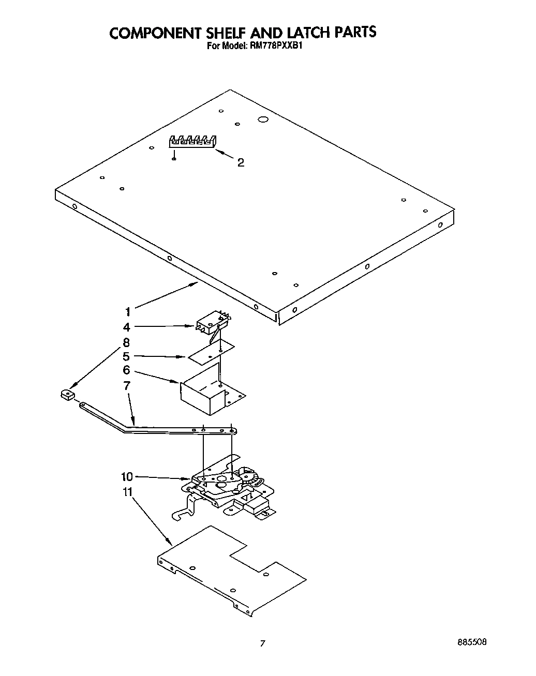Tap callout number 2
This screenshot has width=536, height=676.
[241, 162]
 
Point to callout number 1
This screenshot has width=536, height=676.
[127, 311]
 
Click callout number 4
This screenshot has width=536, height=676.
[127, 327]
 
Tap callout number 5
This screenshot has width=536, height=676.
[126, 356]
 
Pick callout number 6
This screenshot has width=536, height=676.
[127, 370]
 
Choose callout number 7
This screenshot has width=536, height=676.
[127, 385]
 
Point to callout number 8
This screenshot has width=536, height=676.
[127, 342]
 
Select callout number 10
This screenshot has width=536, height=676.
[127, 476]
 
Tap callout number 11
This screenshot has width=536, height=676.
[127, 492]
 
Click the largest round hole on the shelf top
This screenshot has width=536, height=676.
[262, 120]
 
